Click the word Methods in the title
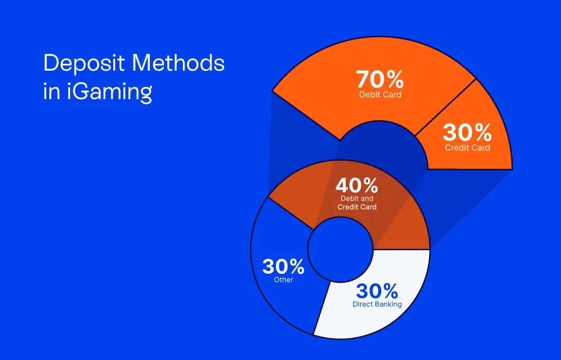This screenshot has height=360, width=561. click(x=178, y=63)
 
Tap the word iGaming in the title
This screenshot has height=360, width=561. click(x=109, y=92)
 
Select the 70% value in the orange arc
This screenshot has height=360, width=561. click(x=380, y=80)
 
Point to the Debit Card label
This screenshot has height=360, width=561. click(x=380, y=95)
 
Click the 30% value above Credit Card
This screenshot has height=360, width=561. click(x=467, y=132)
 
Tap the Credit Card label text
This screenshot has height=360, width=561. click(x=467, y=147)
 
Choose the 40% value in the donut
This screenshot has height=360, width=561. click(x=356, y=185)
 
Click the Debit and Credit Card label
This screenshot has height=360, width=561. click(x=357, y=202)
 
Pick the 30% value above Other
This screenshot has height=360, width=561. click(x=283, y=266)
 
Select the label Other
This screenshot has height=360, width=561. click(x=283, y=280)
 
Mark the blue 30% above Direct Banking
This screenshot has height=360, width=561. click(x=377, y=291)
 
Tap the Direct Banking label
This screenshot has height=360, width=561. click(x=377, y=304)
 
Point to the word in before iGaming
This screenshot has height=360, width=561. click(x=52, y=91)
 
